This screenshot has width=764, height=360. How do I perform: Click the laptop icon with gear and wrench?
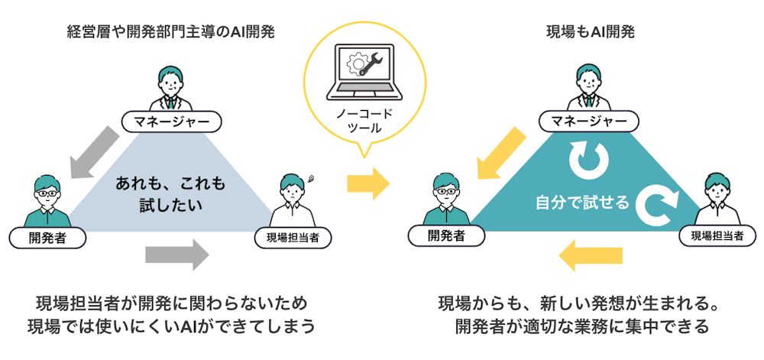tap(364, 73)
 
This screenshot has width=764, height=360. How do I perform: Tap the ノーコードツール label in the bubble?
tap(364, 122)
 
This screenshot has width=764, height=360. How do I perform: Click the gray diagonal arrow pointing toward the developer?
tap(93, 151)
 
